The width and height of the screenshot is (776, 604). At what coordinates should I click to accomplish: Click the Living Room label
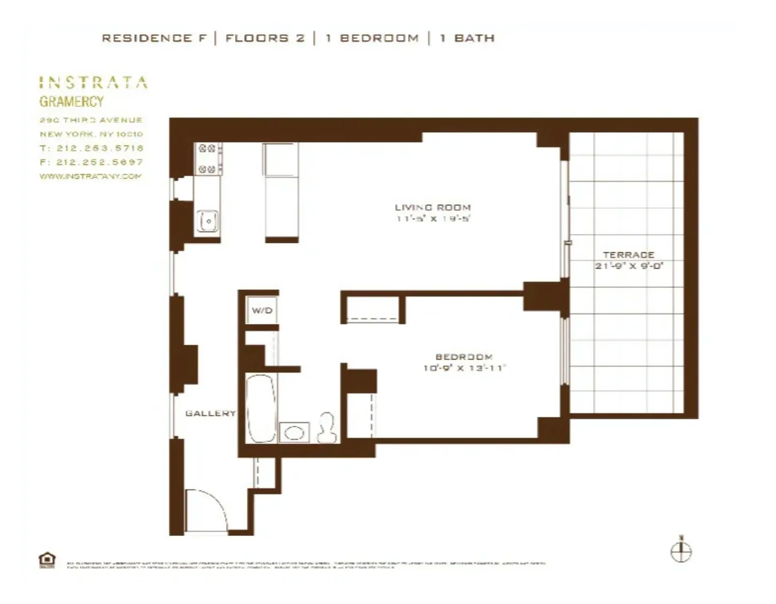coord(432,207)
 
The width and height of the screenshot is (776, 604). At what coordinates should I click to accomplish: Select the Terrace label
coord(628,255)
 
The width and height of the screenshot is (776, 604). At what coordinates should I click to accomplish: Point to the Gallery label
coord(210,413)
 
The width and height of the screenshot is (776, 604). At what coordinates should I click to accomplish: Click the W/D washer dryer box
coord(262,310)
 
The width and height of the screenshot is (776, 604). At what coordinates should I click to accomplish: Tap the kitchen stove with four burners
coord(208,159)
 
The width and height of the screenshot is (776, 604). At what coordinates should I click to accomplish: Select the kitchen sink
coord(207,220)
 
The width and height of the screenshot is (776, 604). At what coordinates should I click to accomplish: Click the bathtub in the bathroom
coord(261,408)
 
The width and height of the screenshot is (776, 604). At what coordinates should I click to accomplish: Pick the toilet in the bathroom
coord(327,428)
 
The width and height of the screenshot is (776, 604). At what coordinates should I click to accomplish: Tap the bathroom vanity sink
coord(294,432)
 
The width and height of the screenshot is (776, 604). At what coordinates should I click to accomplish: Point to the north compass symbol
coord(680,551)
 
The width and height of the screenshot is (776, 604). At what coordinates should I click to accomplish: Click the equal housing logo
coord(47,560)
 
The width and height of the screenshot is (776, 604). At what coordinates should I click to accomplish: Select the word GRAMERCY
coord(71,101)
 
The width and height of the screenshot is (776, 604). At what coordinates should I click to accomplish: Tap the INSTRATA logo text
coord(93,83)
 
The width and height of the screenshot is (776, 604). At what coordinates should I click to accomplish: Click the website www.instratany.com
coord(90,176)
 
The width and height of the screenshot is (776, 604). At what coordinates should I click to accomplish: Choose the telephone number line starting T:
coord(91,148)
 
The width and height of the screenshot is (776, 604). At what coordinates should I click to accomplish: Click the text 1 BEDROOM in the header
coord(372,38)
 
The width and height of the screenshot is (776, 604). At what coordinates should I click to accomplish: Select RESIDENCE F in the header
coord(154,38)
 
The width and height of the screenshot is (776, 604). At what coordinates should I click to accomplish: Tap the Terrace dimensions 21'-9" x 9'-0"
coord(629,266)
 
